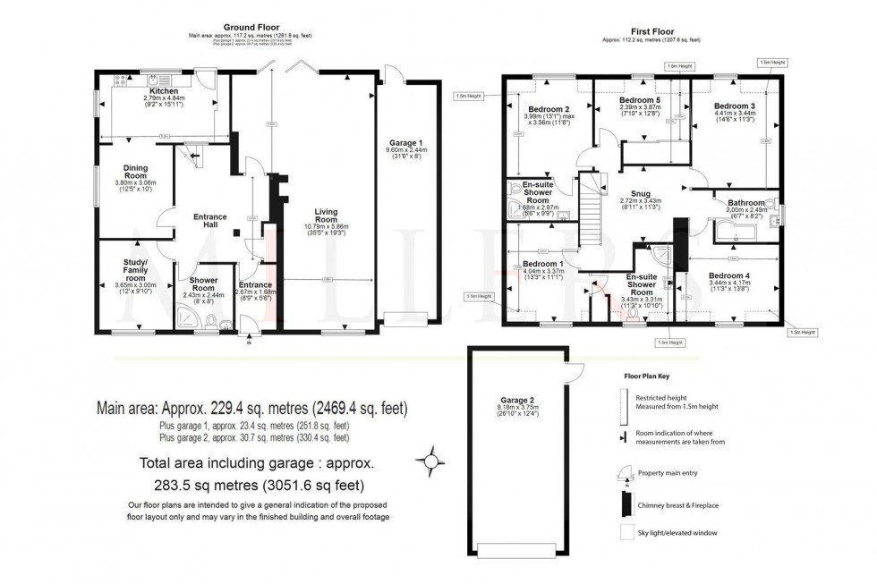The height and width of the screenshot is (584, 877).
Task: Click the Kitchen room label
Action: [x=163, y=91]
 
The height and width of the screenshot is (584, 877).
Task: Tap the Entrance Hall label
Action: [x=210, y=222]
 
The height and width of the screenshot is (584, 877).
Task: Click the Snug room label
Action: [x=640, y=193]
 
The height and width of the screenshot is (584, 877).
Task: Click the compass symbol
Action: [x=431, y=461]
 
